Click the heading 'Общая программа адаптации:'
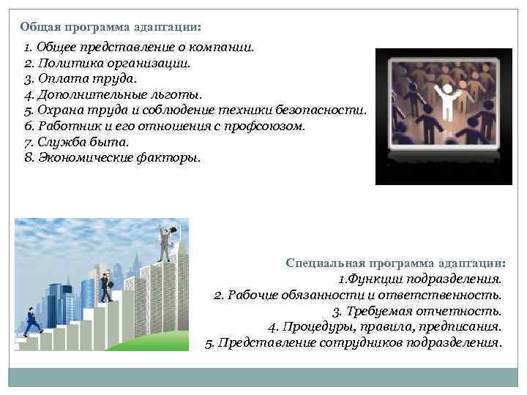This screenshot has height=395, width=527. click(x=111, y=26)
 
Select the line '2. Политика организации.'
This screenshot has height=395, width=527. click(x=107, y=63)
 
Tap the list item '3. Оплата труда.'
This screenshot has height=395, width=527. click(x=81, y=78)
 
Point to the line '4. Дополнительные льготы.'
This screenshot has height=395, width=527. click(x=112, y=94)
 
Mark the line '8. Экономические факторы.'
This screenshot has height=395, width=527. click(x=111, y=157)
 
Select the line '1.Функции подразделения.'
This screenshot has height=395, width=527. click(x=420, y=279)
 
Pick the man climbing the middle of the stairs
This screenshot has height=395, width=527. click(x=106, y=287)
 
